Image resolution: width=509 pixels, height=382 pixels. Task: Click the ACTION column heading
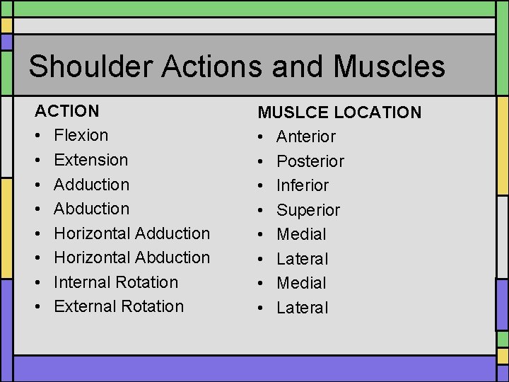coord(67,111)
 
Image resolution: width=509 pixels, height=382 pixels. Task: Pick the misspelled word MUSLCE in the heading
coord(291,112)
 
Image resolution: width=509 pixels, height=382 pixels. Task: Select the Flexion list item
coord(81,135)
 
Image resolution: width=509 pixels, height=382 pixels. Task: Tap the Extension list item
coord(91,160)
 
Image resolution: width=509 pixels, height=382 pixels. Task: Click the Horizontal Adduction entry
coord(132,233)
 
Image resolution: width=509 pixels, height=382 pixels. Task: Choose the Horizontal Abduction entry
coord(132,257)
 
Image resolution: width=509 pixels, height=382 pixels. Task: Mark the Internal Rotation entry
coord(116,282)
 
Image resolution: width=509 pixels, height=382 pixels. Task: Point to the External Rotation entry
coord(119,306)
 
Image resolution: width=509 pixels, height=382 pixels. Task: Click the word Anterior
coord(306,137)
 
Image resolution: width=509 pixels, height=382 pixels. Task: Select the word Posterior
coord(310,161)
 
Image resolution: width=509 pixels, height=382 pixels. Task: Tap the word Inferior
coord(303,185)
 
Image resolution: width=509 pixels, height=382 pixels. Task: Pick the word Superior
coord(308,210)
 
